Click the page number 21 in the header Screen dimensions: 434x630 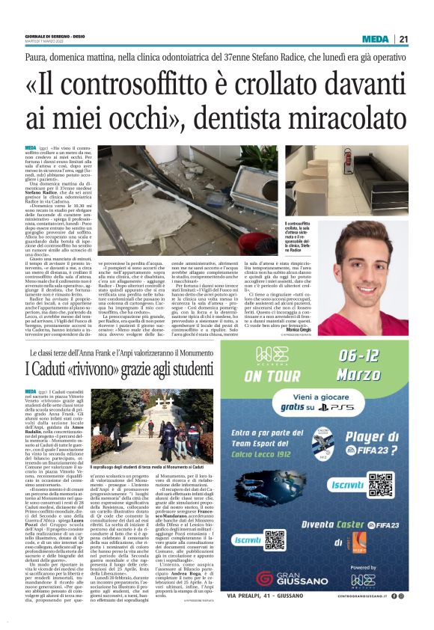(424, 39)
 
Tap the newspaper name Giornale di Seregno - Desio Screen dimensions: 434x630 (56, 37)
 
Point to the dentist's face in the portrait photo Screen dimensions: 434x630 (363, 261)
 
